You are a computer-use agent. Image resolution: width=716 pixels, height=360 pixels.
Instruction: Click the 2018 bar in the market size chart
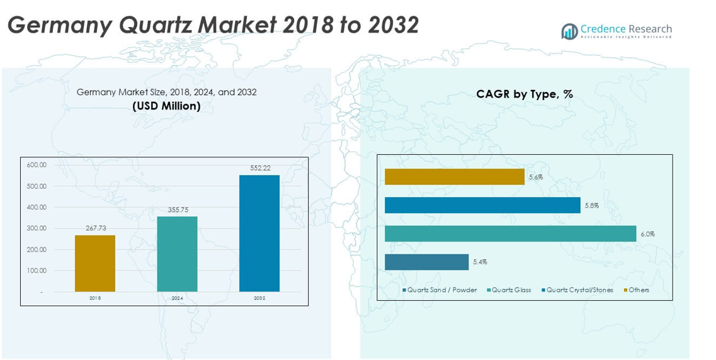(94, 263)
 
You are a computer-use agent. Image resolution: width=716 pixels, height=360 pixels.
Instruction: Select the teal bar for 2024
(177, 254)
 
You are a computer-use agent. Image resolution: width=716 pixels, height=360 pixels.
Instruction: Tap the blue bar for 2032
(259, 233)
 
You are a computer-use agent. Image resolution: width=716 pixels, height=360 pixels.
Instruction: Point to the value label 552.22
(259, 168)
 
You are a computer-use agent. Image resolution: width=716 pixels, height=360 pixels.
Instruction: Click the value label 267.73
(95, 228)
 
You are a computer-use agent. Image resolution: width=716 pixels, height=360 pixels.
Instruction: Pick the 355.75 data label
(177, 210)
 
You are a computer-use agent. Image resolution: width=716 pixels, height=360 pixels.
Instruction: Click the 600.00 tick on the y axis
(37, 165)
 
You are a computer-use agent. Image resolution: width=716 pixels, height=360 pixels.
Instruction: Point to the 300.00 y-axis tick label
(37, 228)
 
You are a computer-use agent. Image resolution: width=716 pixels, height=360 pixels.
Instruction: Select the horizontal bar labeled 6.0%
(510, 233)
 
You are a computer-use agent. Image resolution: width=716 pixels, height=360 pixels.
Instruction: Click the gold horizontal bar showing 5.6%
(454, 177)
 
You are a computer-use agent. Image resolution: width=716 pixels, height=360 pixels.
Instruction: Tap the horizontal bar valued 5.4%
(426, 262)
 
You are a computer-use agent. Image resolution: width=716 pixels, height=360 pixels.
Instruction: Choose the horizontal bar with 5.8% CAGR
(482, 205)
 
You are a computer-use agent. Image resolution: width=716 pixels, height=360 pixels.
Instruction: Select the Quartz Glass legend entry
(511, 290)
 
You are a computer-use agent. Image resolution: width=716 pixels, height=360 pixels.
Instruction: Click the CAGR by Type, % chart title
(524, 94)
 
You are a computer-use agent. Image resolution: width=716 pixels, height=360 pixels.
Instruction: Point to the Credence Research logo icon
(569, 31)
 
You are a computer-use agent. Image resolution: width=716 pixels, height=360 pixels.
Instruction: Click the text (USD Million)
(166, 106)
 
